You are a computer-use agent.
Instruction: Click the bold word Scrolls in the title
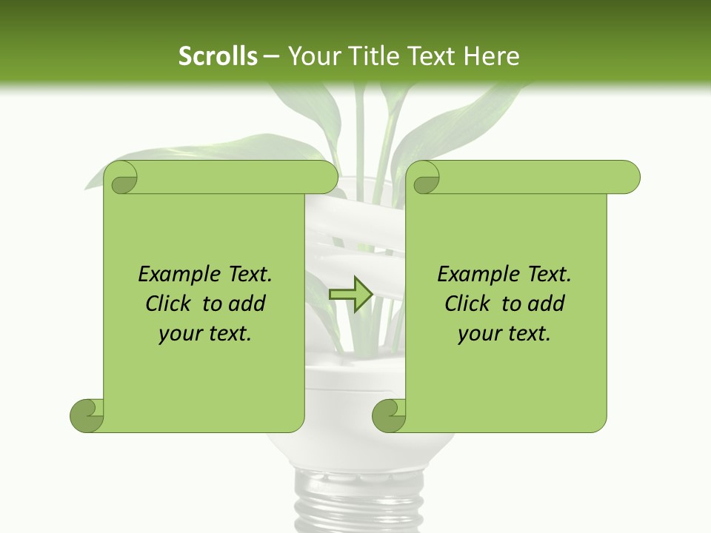click(218, 56)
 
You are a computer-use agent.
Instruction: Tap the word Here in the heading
click(491, 56)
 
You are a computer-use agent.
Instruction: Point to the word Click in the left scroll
click(170, 304)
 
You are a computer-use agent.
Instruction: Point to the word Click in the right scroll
click(469, 304)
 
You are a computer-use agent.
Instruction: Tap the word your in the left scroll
click(179, 334)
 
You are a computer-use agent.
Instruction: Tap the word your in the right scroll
click(478, 334)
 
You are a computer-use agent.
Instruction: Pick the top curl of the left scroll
click(121, 178)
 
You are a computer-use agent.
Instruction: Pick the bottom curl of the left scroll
click(87, 415)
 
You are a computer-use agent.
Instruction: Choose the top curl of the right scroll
click(423, 178)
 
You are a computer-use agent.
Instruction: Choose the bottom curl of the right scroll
click(389, 415)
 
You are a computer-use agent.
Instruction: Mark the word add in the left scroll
click(247, 304)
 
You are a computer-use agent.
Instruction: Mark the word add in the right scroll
click(546, 304)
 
